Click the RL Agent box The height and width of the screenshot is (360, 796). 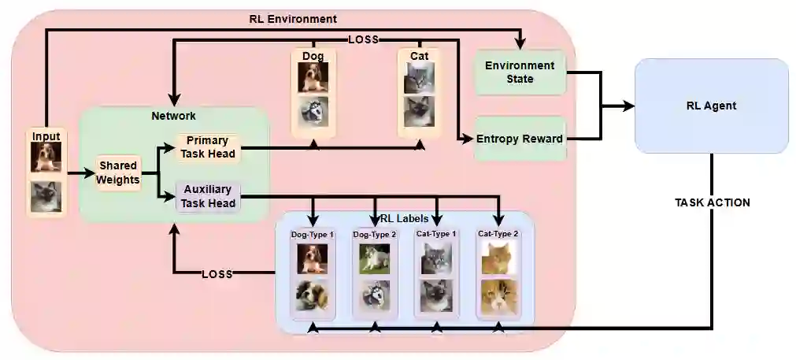[711, 105]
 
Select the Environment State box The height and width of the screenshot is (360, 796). [520, 72]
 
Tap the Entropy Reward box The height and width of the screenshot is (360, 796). [520, 139]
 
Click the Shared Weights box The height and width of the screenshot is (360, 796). [118, 173]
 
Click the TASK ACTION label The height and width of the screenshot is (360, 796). [712, 202]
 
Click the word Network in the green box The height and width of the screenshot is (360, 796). [173, 116]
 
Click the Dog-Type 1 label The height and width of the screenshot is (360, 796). [313, 234]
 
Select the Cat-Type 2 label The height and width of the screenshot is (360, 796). [498, 234]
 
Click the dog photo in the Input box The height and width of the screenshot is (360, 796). [46, 158]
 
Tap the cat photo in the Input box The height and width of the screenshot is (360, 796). [46, 196]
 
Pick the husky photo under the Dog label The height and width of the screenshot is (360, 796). [313, 112]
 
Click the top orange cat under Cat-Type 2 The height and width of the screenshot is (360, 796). [498, 258]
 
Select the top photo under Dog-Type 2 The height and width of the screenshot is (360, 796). [374, 258]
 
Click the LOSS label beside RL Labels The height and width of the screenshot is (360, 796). [217, 274]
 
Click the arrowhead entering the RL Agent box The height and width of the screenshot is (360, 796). [628, 106]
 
